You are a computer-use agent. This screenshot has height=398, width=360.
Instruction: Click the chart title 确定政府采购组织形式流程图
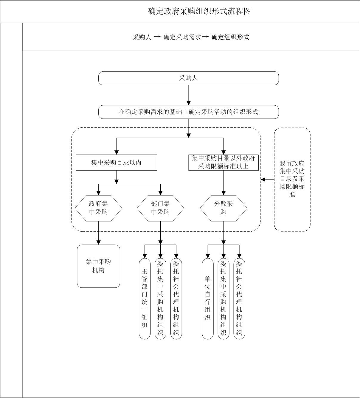pos(199,11)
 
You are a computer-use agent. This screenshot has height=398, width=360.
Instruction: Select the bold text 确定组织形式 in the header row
pos(230,37)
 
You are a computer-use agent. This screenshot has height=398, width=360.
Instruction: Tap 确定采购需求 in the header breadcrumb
pos(182,37)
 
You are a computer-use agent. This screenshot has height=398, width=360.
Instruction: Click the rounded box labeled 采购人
pos(188,78)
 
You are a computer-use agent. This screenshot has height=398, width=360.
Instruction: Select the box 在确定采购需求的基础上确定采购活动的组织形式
pos(188,112)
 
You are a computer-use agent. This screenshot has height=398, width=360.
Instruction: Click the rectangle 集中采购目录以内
pos(116,163)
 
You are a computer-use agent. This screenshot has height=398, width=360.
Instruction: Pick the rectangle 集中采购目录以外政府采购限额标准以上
pos(224,163)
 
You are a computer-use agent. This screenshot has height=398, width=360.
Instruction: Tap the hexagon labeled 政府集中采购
pos(98,208)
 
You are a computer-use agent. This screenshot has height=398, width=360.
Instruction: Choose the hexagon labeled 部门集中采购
pos(160,208)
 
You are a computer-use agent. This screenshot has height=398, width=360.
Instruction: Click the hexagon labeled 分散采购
pos(224,208)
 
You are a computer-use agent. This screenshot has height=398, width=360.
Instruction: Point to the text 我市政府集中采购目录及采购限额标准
pos(292,179)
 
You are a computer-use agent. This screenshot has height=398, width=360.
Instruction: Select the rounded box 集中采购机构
pos(98,266)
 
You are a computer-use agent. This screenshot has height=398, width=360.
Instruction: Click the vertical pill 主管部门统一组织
pos(145,298)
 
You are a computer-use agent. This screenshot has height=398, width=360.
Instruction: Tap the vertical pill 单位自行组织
pos(208,298)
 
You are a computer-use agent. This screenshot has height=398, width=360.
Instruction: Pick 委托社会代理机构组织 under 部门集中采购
pos(176,298)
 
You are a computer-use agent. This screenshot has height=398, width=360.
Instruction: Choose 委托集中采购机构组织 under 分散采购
pos(224,298)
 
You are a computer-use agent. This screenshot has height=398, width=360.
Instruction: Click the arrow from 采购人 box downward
pos(188,95)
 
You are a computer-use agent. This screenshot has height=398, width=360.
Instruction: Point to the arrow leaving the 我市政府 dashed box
pos(267,180)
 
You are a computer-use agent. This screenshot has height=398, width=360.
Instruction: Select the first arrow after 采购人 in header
pos(157,37)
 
